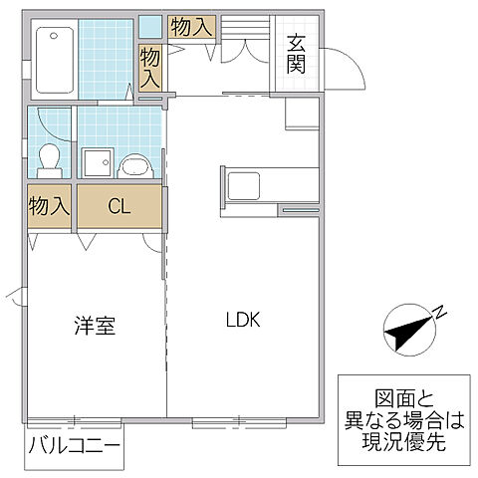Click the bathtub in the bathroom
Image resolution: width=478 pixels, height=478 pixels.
click(54, 59)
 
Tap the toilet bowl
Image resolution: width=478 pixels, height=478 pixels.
click(47, 156)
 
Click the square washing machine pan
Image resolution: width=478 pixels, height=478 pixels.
click(97, 162)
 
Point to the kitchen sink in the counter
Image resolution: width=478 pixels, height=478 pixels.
click(244, 186)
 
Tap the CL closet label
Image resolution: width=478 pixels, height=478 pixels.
click(119, 207)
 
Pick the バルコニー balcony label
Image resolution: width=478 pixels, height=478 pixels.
click(74, 443)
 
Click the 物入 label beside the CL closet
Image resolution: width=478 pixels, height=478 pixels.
click(49, 207)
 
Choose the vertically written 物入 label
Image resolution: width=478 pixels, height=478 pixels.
click(149, 67)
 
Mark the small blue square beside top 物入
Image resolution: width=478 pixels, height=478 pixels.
click(150, 26)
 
